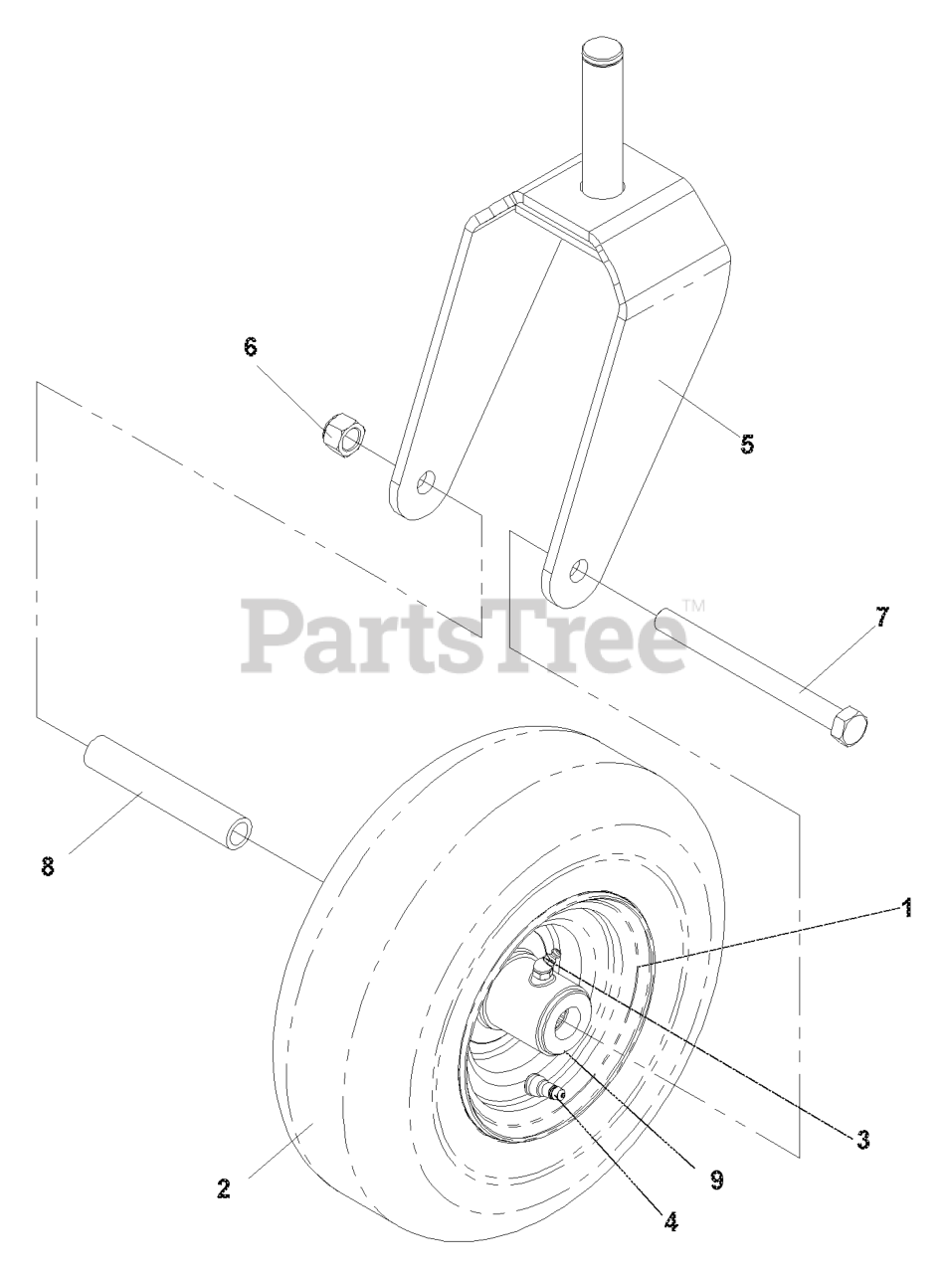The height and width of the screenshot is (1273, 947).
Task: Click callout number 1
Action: [906, 908]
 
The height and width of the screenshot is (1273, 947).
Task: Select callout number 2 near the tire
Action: [224, 1187]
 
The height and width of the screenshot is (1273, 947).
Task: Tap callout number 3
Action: [863, 1140]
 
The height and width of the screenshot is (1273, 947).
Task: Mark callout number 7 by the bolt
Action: [882, 617]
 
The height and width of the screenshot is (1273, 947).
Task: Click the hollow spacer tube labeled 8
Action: [169, 793]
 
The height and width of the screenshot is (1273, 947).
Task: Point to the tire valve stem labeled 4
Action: [546, 1087]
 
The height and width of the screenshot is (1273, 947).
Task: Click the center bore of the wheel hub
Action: [569, 1023]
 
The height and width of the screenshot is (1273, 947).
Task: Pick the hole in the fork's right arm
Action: [579, 570]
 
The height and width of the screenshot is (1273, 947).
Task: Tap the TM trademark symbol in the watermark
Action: [694, 605]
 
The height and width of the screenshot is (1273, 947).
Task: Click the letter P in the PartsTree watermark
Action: [275, 636]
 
